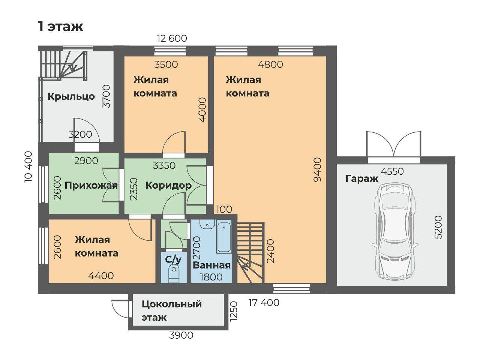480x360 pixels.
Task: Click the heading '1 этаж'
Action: (61, 27)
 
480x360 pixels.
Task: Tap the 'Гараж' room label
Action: (362, 179)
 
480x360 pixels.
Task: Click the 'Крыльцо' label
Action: (71, 97)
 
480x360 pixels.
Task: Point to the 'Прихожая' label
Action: (91, 186)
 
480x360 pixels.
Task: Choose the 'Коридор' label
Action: (168, 186)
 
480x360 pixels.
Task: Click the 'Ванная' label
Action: (211, 265)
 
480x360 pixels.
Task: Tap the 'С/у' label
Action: (173, 259)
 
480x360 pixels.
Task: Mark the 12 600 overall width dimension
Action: (172, 39)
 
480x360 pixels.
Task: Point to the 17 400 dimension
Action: (264, 303)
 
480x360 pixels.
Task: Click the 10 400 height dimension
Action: (28, 167)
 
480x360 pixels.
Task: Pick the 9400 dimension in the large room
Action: (317, 169)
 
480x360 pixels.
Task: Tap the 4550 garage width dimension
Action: (392, 172)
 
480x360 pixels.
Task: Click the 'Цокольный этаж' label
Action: (171, 311)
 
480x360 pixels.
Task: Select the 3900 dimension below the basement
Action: (181, 336)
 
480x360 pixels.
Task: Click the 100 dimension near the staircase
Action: (224, 209)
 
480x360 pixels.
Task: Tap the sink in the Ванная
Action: (207, 224)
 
